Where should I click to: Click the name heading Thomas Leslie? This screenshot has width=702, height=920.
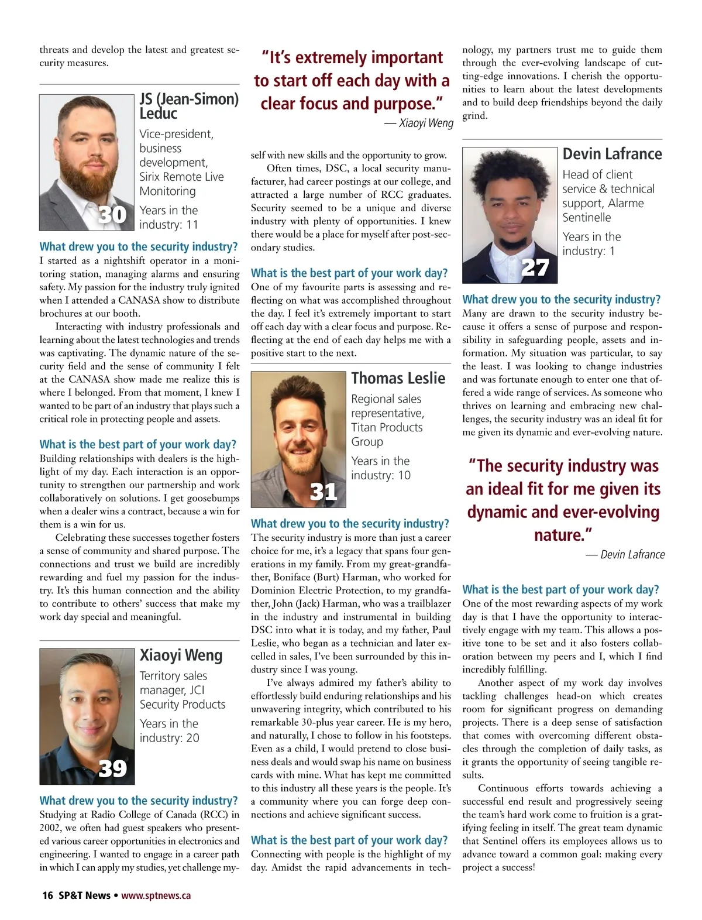click(398, 378)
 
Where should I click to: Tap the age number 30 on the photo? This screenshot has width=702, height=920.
click(112, 215)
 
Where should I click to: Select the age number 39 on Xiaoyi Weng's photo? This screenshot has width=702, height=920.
click(112, 768)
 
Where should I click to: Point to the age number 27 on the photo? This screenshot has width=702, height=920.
click(535, 268)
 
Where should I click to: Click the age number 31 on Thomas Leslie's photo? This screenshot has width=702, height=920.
click(324, 491)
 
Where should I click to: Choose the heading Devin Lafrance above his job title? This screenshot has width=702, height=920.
click(612, 154)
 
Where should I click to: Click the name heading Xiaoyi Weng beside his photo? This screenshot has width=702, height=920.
click(181, 655)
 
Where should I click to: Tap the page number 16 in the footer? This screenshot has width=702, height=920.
click(47, 895)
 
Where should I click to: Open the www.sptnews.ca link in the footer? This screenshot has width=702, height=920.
click(156, 895)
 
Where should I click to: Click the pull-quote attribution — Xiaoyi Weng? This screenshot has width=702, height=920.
click(419, 123)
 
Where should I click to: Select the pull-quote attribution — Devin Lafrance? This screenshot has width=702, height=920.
click(625, 554)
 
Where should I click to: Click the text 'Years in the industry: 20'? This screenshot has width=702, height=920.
click(169, 730)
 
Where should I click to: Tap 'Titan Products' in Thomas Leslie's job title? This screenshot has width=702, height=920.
click(386, 427)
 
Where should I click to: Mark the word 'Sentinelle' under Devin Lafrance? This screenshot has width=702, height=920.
click(586, 218)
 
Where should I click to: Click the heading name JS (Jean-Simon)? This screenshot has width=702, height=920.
click(189, 98)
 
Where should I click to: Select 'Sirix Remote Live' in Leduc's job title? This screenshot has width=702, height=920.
click(181, 177)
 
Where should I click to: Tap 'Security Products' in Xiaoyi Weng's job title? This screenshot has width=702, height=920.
click(182, 704)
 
